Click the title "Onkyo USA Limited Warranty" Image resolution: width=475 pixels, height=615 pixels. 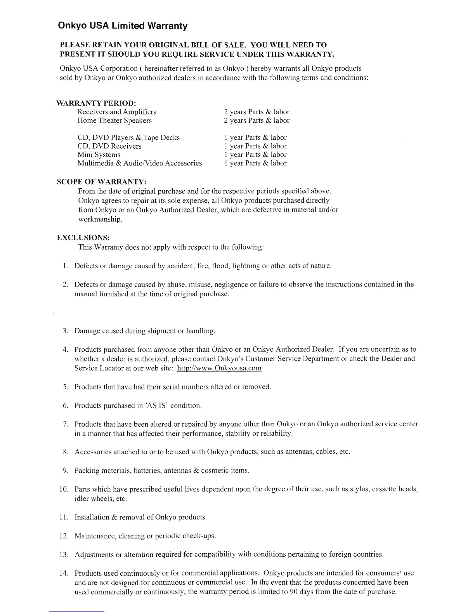pos(122,26)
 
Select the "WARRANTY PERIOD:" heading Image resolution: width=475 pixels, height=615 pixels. pos(96,103)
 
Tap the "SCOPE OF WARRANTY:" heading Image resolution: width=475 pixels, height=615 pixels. pos(102,182)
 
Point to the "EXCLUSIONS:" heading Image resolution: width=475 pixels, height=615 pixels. pos(83,238)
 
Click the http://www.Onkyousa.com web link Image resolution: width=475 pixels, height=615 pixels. pos(219,368)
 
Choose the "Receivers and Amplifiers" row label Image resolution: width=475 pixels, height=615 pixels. pos(117,112)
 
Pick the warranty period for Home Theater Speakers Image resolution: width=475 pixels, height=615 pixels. pos(257,120)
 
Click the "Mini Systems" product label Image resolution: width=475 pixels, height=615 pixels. pos(99,155)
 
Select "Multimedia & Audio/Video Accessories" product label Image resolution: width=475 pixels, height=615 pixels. pos(140,163)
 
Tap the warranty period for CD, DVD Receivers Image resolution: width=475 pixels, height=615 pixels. pos(255,146)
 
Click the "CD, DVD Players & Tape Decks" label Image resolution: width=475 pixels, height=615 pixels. pos(128,137)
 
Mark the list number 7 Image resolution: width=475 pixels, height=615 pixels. pos(66,424)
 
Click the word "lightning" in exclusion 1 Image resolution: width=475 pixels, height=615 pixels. pos(245,266)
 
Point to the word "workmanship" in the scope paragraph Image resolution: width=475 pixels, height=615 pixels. pos(99,219)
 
